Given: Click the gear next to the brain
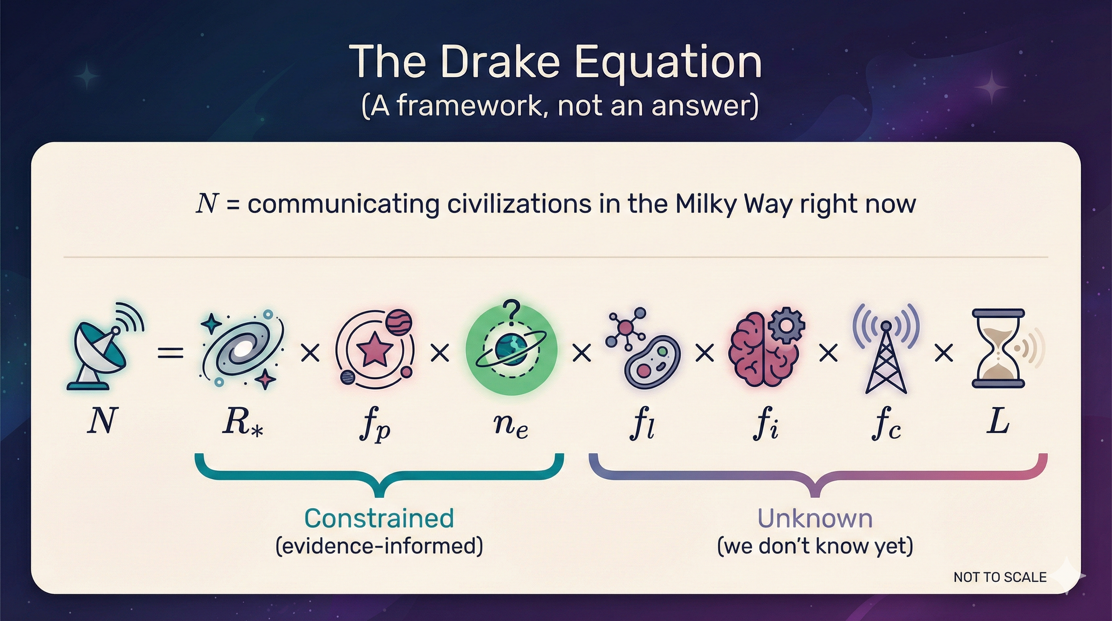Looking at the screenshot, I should pyautogui.click(x=786, y=326).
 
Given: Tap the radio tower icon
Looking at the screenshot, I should pyautogui.click(x=886, y=352).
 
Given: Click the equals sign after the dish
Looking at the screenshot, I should pyautogui.click(x=171, y=353).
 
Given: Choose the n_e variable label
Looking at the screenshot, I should pyautogui.click(x=511, y=425).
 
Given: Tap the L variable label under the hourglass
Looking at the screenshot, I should pyautogui.click(x=998, y=421).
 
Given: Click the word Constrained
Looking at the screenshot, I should pyautogui.click(x=379, y=518).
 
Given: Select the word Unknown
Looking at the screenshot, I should pyautogui.click(x=815, y=518).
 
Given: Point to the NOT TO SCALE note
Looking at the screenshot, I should pyautogui.click(x=1000, y=577).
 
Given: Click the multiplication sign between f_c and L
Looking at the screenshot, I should pyautogui.click(x=944, y=353).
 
